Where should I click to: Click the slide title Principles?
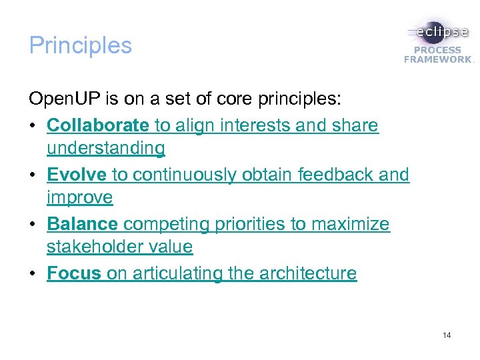(x=81, y=45)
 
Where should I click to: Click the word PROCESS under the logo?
(x=437, y=50)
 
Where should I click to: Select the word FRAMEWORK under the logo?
(x=437, y=59)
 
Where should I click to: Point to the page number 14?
(x=447, y=335)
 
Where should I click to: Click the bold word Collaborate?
(x=98, y=125)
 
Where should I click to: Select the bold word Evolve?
(x=77, y=175)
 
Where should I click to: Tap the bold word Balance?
(x=83, y=224)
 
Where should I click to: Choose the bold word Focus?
(x=73, y=273)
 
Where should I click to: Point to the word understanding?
(x=105, y=148)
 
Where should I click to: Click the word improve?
(x=79, y=198)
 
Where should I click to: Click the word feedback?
(x=336, y=175)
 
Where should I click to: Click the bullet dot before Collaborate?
(x=33, y=126)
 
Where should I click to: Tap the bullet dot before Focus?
(x=33, y=274)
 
